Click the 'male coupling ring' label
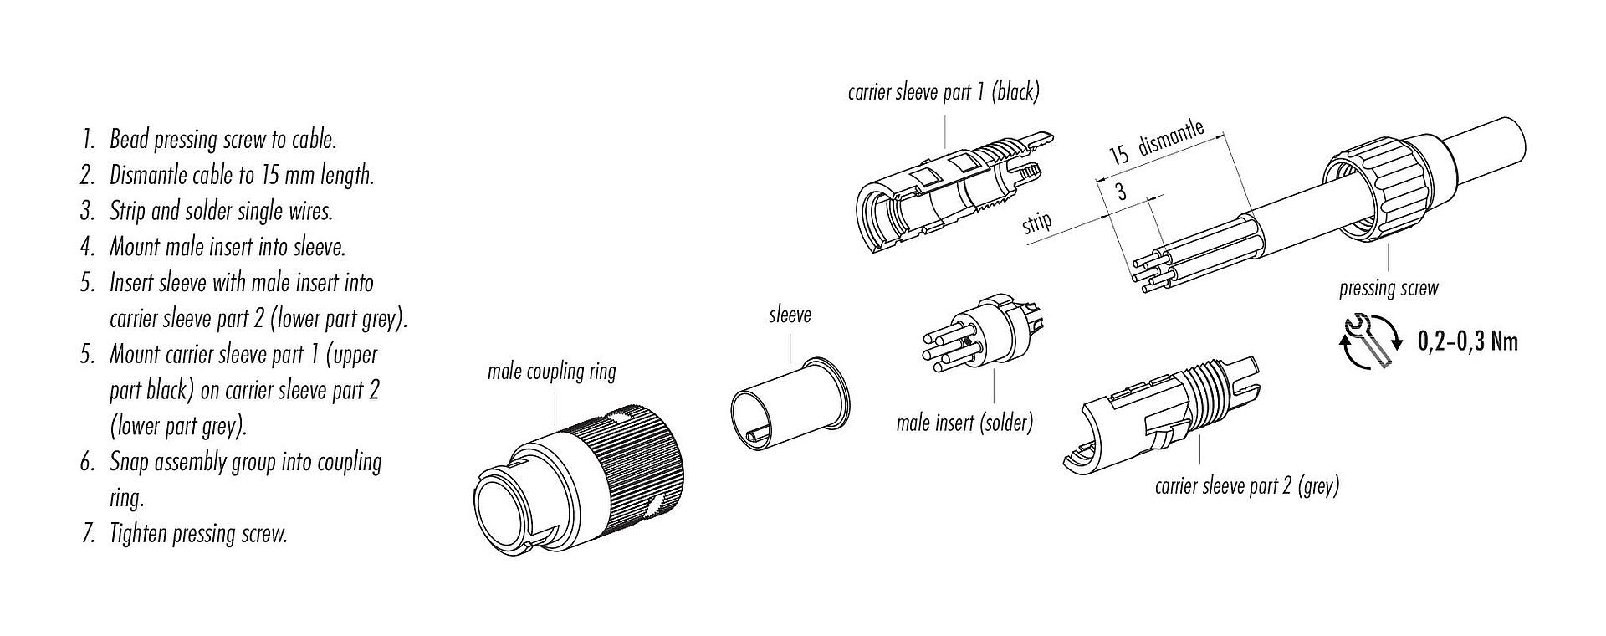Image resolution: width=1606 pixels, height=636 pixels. [551, 372]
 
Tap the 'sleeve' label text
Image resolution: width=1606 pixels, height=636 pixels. [790, 315]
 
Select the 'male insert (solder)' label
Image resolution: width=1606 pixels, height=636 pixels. [964, 423]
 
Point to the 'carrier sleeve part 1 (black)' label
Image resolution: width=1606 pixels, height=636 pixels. [943, 92]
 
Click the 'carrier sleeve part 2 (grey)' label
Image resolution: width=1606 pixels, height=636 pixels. [1246, 486]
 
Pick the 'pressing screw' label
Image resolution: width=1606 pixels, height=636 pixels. [1388, 290]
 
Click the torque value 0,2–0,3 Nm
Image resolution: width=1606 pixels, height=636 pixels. [1467, 341]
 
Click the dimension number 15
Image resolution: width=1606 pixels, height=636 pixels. [1119, 155]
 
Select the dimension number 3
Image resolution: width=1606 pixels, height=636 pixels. [1120, 192]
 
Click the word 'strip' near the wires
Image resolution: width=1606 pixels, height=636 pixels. [1036, 224]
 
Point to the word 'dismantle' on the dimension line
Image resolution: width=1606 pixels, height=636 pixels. [1171, 138]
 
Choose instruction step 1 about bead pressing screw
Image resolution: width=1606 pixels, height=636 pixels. [222, 140]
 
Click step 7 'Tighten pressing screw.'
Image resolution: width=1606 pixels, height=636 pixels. [198, 534]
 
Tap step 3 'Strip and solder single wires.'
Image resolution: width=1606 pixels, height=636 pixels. [221, 211]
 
